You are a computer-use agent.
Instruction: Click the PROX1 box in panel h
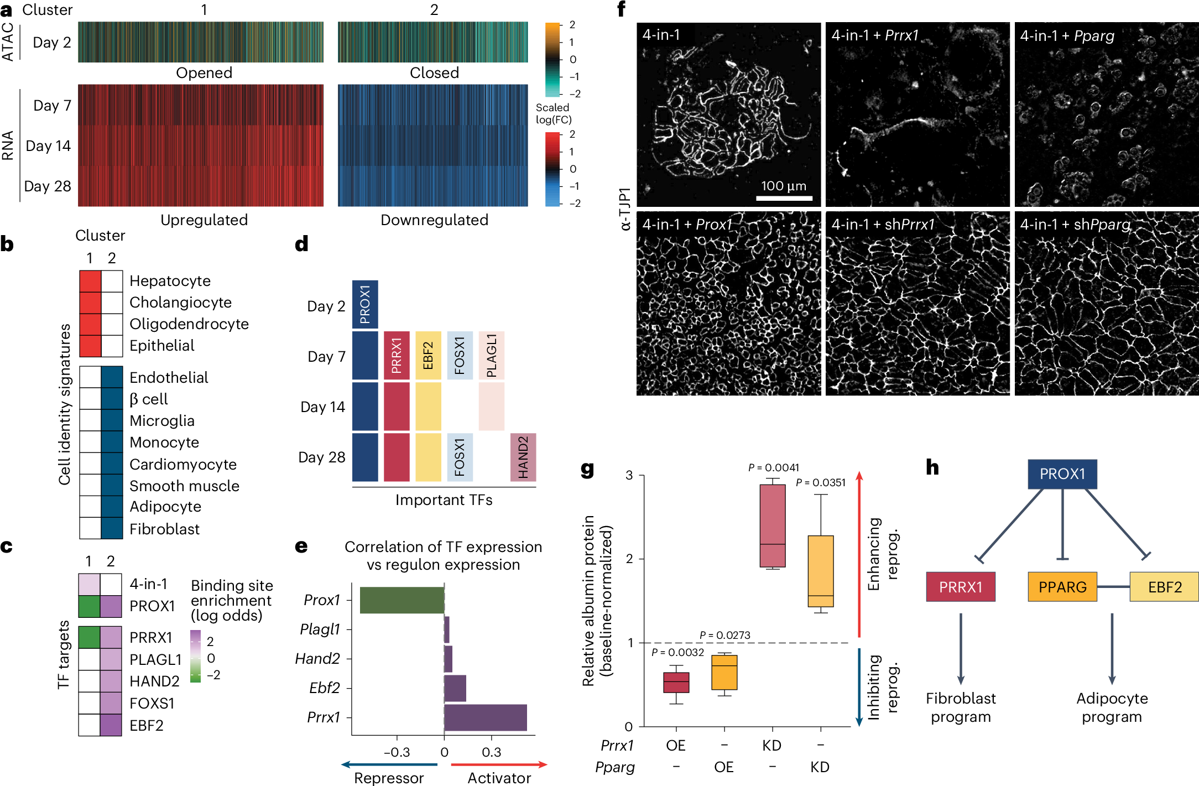coord(1062,474)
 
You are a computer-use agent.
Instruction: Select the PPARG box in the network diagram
coord(1062,587)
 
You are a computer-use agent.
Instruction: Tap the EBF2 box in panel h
coord(1164,587)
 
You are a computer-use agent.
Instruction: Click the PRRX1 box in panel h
coord(961,587)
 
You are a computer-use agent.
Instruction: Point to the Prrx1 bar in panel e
coord(485,717)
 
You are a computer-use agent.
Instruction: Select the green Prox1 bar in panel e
coord(402,600)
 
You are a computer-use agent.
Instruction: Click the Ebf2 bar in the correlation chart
coord(455,688)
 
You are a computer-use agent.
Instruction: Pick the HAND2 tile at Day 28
coord(523,457)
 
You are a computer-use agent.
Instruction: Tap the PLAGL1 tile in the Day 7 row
coord(492,356)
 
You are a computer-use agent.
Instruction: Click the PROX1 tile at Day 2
coord(365,305)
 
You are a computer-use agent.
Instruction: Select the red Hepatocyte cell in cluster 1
coord(90,281)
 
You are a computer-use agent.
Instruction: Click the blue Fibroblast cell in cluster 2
coord(112,528)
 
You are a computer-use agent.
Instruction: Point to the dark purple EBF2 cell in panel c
coord(111,725)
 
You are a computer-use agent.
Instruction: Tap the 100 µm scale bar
coord(784,197)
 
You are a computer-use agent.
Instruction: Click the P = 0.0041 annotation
coord(773,468)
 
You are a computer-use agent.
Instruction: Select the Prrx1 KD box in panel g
coord(773,525)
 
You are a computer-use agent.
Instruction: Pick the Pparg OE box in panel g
coord(724,672)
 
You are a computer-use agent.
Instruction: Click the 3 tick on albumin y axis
coord(629,475)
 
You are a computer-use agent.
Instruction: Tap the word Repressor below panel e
coord(389,778)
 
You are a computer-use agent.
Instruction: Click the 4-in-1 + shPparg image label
coord(1075,225)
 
